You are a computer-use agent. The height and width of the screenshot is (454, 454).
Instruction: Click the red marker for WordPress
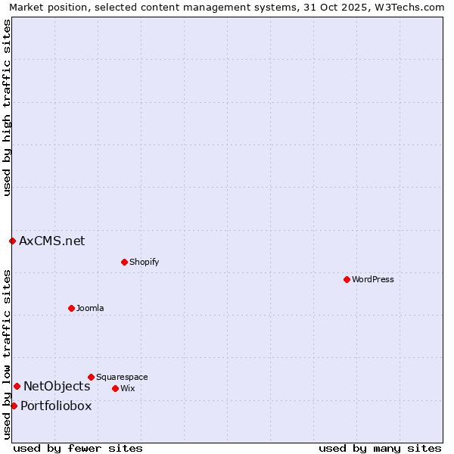point(347,279)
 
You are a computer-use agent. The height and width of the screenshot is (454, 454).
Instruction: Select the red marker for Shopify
point(124,262)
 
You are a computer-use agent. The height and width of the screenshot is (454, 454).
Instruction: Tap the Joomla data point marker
point(71,308)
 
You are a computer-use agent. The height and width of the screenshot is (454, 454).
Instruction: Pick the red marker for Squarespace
point(91,377)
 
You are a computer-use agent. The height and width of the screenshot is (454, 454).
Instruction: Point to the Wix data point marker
point(115,388)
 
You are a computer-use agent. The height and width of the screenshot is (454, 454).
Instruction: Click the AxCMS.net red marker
point(12,241)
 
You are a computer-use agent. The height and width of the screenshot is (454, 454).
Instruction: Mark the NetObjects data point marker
point(17,386)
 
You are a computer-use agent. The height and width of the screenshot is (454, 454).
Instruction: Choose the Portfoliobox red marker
point(14,406)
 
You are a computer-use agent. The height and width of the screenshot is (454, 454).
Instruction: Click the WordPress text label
point(373,279)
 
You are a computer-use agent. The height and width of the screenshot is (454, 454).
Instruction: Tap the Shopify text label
point(145,262)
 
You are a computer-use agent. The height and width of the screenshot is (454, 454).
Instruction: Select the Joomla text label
point(90,308)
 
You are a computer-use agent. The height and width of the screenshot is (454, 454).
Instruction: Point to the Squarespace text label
point(122,377)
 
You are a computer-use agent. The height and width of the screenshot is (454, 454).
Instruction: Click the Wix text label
point(128,388)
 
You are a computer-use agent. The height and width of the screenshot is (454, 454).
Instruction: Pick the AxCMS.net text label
point(52,241)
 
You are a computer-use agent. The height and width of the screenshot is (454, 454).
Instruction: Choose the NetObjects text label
point(57,386)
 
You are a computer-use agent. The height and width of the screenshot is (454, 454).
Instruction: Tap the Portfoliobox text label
point(56,406)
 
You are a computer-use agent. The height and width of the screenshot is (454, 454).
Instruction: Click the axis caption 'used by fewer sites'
point(78,448)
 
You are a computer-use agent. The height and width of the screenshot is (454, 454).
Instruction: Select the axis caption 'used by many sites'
point(380,448)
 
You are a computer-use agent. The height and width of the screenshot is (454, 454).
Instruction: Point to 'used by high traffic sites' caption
point(7,107)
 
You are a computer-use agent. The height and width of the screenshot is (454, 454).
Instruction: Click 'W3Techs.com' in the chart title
point(412,7)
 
